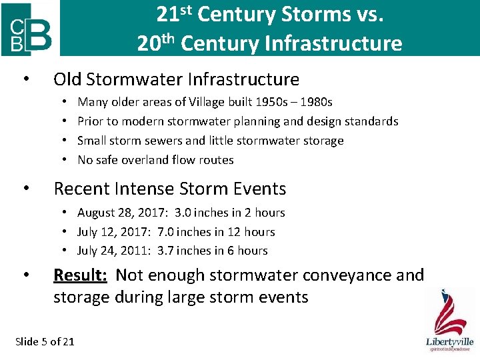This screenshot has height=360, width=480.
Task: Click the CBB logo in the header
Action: pyautogui.click(x=30, y=29)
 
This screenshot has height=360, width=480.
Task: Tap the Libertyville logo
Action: pyautogui.click(x=449, y=320)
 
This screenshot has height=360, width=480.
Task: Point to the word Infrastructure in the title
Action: pyautogui.click(x=333, y=43)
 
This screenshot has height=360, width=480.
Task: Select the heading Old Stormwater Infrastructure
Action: pyautogui.click(x=176, y=79)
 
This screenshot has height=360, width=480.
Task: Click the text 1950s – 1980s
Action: pyautogui.click(x=298, y=102)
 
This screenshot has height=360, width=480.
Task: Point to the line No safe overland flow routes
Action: pyautogui.click(x=155, y=160)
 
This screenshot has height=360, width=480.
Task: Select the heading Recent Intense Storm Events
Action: pyautogui.click(x=169, y=189)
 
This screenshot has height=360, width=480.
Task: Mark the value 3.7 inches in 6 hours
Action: pyautogui.click(x=213, y=251)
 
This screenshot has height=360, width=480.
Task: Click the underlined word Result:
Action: pyautogui.click(x=80, y=275)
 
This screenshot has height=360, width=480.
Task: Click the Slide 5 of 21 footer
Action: pyautogui.click(x=45, y=341)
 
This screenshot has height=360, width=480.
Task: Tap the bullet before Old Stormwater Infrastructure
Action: pyautogui.click(x=25, y=80)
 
